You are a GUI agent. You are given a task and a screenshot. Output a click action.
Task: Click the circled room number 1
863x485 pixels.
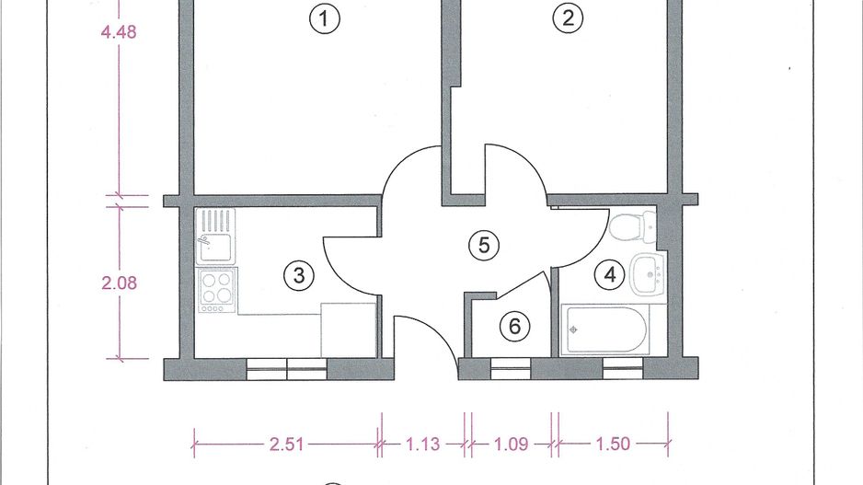click(323, 18)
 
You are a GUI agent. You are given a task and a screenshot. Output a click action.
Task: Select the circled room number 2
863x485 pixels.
click(568, 18)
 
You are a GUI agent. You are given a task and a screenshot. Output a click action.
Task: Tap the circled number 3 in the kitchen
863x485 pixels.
click(296, 274)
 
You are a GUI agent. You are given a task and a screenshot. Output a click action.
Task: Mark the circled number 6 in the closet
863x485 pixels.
click(514, 325)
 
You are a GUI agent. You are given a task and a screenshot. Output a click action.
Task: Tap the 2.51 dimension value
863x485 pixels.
click(284, 445)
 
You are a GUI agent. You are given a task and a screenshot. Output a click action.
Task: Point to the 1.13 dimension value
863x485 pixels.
click(423, 445)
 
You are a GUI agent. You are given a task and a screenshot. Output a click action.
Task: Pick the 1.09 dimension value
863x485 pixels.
click(511, 445)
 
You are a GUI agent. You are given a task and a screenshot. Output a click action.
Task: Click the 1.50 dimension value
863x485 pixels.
click(612, 445)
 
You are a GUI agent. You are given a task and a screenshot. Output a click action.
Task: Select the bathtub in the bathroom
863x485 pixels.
click(606, 328)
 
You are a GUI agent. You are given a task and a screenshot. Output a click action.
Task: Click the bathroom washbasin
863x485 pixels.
click(652, 272)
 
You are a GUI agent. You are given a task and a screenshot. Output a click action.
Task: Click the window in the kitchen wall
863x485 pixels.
click(287, 369)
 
